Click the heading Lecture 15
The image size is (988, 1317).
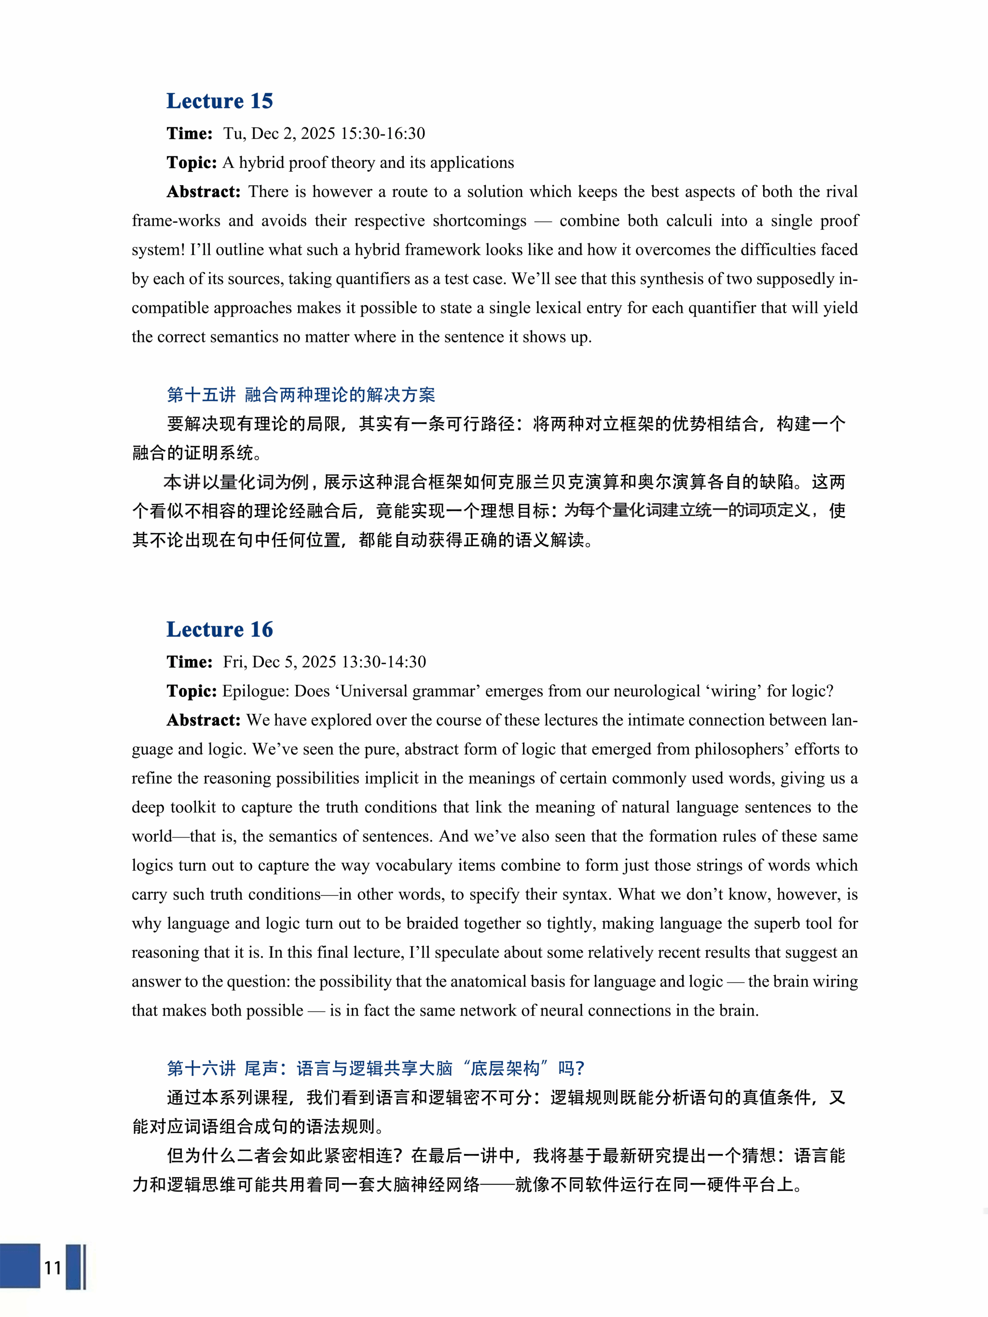(x=219, y=101)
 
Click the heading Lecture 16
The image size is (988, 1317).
(x=219, y=630)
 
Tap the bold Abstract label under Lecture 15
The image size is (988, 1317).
(x=203, y=192)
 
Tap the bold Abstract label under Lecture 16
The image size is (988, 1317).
(x=203, y=720)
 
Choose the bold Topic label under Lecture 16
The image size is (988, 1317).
(x=191, y=691)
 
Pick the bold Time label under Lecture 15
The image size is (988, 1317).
(x=190, y=133)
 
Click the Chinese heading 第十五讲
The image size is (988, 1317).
(x=201, y=394)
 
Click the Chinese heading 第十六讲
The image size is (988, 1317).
(x=201, y=1068)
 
